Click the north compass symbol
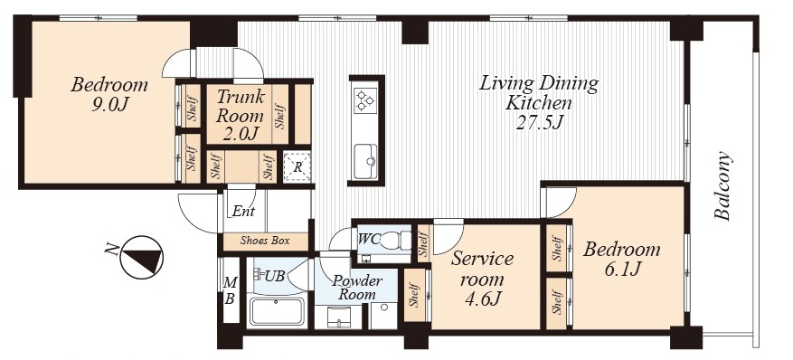(x=142, y=257)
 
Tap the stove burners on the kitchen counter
(x=365, y=100)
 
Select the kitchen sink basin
(x=365, y=161)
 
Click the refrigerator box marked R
(x=297, y=166)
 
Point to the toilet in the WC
(x=394, y=240)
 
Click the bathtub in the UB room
(x=278, y=311)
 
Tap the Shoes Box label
(x=265, y=241)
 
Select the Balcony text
(x=722, y=185)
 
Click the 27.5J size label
(x=539, y=123)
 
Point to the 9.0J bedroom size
(x=109, y=105)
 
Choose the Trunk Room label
(x=240, y=106)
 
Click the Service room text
(x=483, y=269)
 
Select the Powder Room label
(x=357, y=288)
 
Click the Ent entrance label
(x=243, y=212)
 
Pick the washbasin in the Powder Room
(x=337, y=317)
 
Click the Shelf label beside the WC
(x=424, y=242)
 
